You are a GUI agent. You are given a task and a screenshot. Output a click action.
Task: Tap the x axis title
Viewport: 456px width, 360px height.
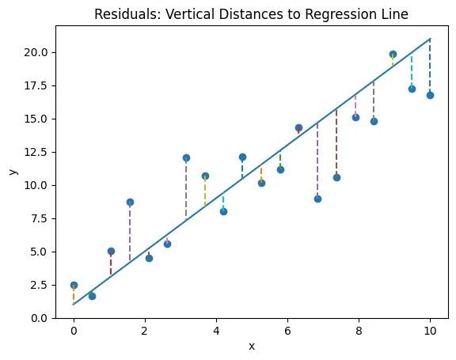pyautogui.click(x=252, y=346)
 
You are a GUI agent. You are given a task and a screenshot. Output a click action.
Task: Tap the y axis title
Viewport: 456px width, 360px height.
pyautogui.click(x=12, y=172)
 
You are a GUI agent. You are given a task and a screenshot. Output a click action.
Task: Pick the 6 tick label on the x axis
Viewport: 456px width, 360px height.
pyautogui.click(x=287, y=331)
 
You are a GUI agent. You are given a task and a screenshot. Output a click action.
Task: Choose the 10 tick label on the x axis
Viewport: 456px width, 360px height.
pyautogui.click(x=431, y=331)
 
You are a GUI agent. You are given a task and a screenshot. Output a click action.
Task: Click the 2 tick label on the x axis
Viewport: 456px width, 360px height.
pyautogui.click(x=145, y=331)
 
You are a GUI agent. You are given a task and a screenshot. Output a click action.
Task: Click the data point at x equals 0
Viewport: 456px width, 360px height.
pyautogui.click(x=74, y=285)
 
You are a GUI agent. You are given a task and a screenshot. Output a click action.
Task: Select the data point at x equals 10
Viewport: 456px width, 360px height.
pyautogui.click(x=430, y=95)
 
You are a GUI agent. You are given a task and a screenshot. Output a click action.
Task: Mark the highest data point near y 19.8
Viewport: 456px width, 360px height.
pyautogui.click(x=393, y=55)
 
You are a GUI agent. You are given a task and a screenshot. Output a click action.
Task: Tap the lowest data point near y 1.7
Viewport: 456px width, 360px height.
pyautogui.click(x=92, y=295)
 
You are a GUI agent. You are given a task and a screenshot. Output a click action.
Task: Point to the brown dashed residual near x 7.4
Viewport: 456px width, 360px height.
pyautogui.click(x=336, y=143)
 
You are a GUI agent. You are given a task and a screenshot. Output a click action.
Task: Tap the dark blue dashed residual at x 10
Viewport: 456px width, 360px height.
pyautogui.click(x=430, y=67)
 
